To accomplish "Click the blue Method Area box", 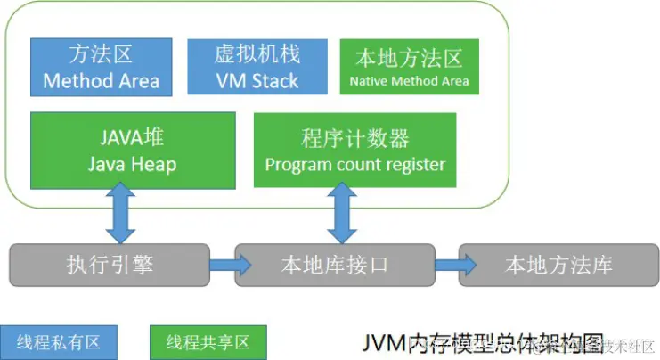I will (x=101, y=67).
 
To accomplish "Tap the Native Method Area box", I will (x=409, y=67).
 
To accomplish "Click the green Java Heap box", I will (x=133, y=150).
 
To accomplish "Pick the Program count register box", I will (x=354, y=150).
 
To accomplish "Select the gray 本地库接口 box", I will (x=334, y=265).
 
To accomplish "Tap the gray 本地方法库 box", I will (x=558, y=265).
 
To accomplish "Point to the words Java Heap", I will (x=133, y=164).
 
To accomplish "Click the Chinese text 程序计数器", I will (x=354, y=138).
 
